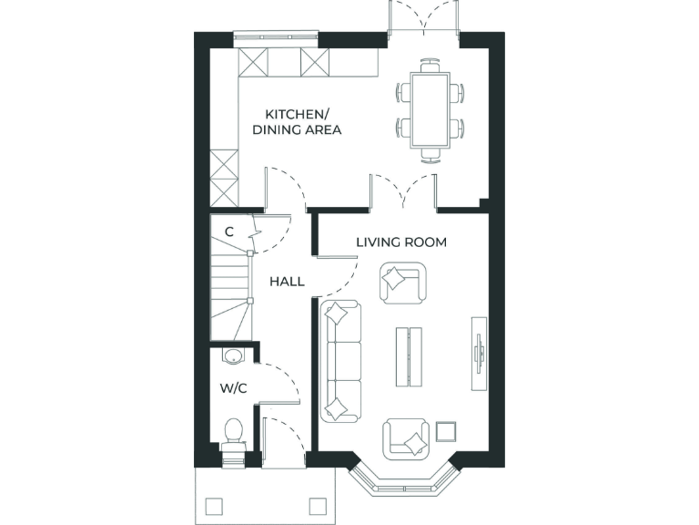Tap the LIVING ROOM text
(401, 242)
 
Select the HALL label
(287, 282)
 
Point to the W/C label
(234, 388)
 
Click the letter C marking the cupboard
(229, 232)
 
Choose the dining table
(431, 109)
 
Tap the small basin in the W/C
(233, 356)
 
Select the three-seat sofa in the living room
(342, 361)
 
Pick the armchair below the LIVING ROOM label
(401, 282)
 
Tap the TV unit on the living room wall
(478, 354)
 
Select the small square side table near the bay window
(446, 430)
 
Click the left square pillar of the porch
(215, 506)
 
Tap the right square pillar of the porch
(318, 506)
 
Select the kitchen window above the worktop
(275, 37)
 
